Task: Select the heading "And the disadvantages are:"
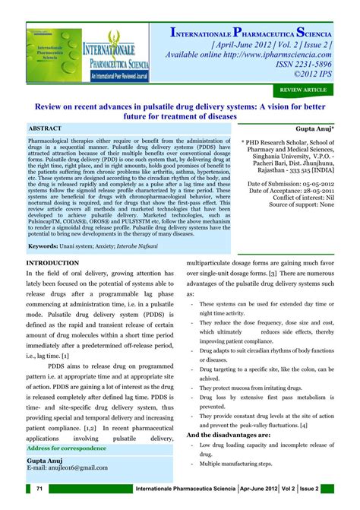pyautogui.click(x=232, y=434)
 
